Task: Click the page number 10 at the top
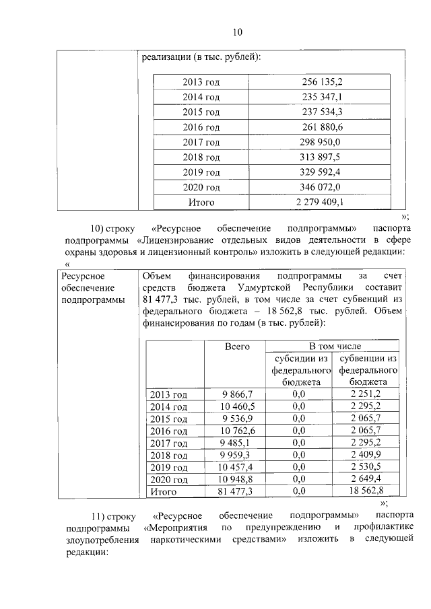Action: (x=236, y=32)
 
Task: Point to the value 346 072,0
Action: (x=321, y=186)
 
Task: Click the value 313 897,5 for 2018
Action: (x=321, y=157)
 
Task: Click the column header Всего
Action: (x=237, y=346)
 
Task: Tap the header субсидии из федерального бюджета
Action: (x=300, y=369)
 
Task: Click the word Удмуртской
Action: (x=274, y=287)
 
